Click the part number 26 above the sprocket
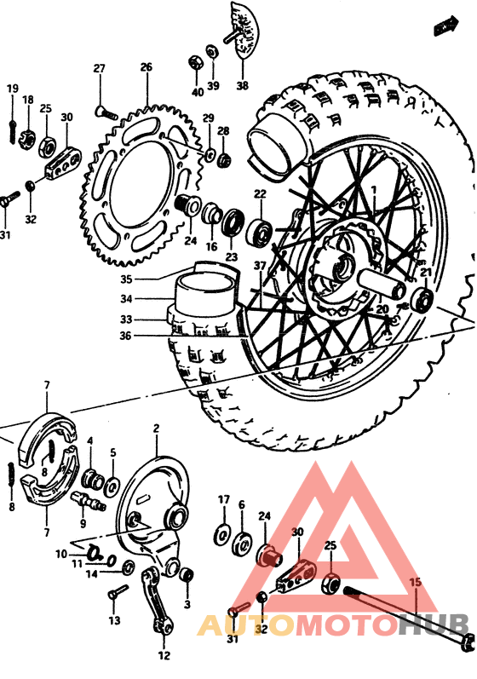pyautogui.click(x=146, y=67)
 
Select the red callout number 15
pyautogui.click(x=415, y=582)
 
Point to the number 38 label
pyautogui.click(x=243, y=86)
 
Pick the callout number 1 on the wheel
pyautogui.click(x=371, y=187)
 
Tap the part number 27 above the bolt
pyautogui.click(x=99, y=68)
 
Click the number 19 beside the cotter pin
pyautogui.click(x=13, y=89)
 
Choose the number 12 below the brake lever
pyautogui.click(x=164, y=656)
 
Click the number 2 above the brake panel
pyautogui.click(x=156, y=428)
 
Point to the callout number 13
pyautogui.click(x=113, y=621)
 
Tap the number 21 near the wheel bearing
pyautogui.click(x=426, y=273)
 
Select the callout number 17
pyautogui.click(x=223, y=499)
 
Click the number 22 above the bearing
pyautogui.click(x=259, y=194)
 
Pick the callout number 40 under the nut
pyautogui.click(x=197, y=92)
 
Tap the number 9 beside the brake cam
pyautogui.click(x=83, y=523)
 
